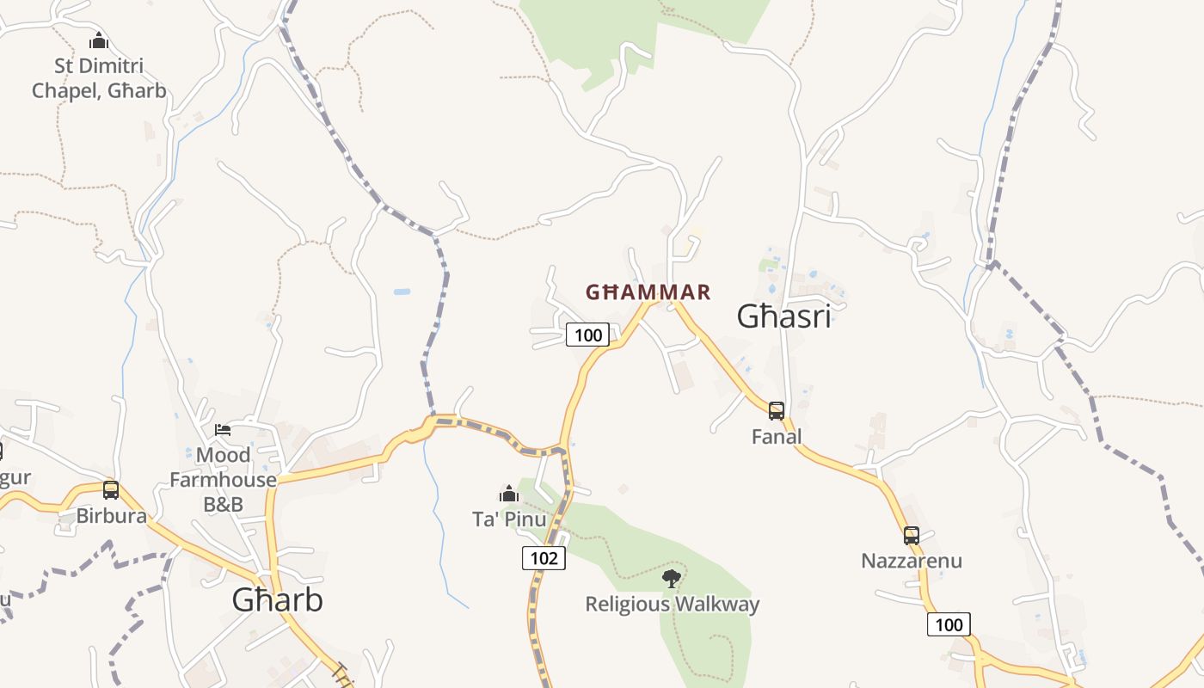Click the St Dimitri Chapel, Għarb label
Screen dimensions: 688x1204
[99, 78]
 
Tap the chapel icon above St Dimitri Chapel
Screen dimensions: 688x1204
[99, 40]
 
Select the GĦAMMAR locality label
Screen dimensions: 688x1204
[648, 292]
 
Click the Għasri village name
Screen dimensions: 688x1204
[783, 316]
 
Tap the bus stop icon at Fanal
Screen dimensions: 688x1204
[777, 411]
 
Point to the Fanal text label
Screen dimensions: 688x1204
[777, 437]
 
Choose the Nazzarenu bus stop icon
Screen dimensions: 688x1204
[912, 536]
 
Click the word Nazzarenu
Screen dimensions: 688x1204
[912, 562]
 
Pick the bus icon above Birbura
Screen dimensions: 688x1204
[111, 490]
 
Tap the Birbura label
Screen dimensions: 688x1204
[111, 516]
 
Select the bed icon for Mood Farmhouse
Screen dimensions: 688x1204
[223, 429]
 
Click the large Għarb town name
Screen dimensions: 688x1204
[277, 600]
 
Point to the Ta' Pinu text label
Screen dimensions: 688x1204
[509, 519]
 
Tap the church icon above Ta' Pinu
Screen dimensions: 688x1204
[509, 494]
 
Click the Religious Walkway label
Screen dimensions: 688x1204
[673, 605]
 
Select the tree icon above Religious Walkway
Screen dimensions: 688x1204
[672, 579]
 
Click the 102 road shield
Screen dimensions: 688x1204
[544, 558]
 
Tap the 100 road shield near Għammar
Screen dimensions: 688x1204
[587, 335]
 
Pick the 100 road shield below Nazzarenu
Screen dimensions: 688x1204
[949, 624]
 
